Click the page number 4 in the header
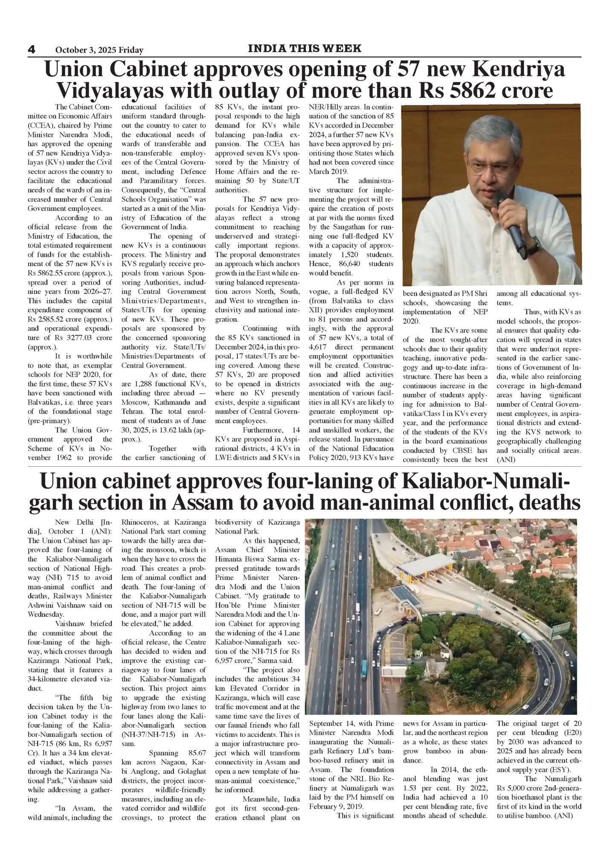click(31, 49)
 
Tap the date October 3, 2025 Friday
click(99, 50)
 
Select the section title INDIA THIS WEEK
click(304, 49)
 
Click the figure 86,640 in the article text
click(349, 264)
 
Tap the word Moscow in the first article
click(134, 402)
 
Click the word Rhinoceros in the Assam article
click(139, 522)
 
